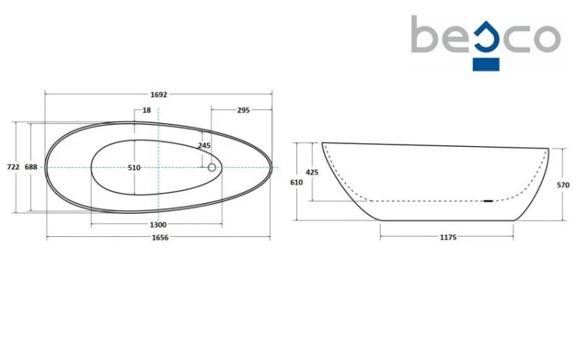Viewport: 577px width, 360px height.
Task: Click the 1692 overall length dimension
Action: tap(158, 95)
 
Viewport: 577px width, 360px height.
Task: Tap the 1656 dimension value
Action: tap(160, 238)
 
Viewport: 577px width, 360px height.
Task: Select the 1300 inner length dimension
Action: tap(158, 225)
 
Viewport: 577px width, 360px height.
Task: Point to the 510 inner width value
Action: tap(134, 168)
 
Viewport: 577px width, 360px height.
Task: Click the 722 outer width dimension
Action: tap(13, 167)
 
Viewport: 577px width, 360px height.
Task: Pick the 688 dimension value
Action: tap(31, 167)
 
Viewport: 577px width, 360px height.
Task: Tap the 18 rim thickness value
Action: tap(146, 110)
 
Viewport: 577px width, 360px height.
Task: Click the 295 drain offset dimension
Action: tap(243, 110)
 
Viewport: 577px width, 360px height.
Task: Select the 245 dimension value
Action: tap(204, 145)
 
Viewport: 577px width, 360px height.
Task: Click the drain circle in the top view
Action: tap(212, 168)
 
